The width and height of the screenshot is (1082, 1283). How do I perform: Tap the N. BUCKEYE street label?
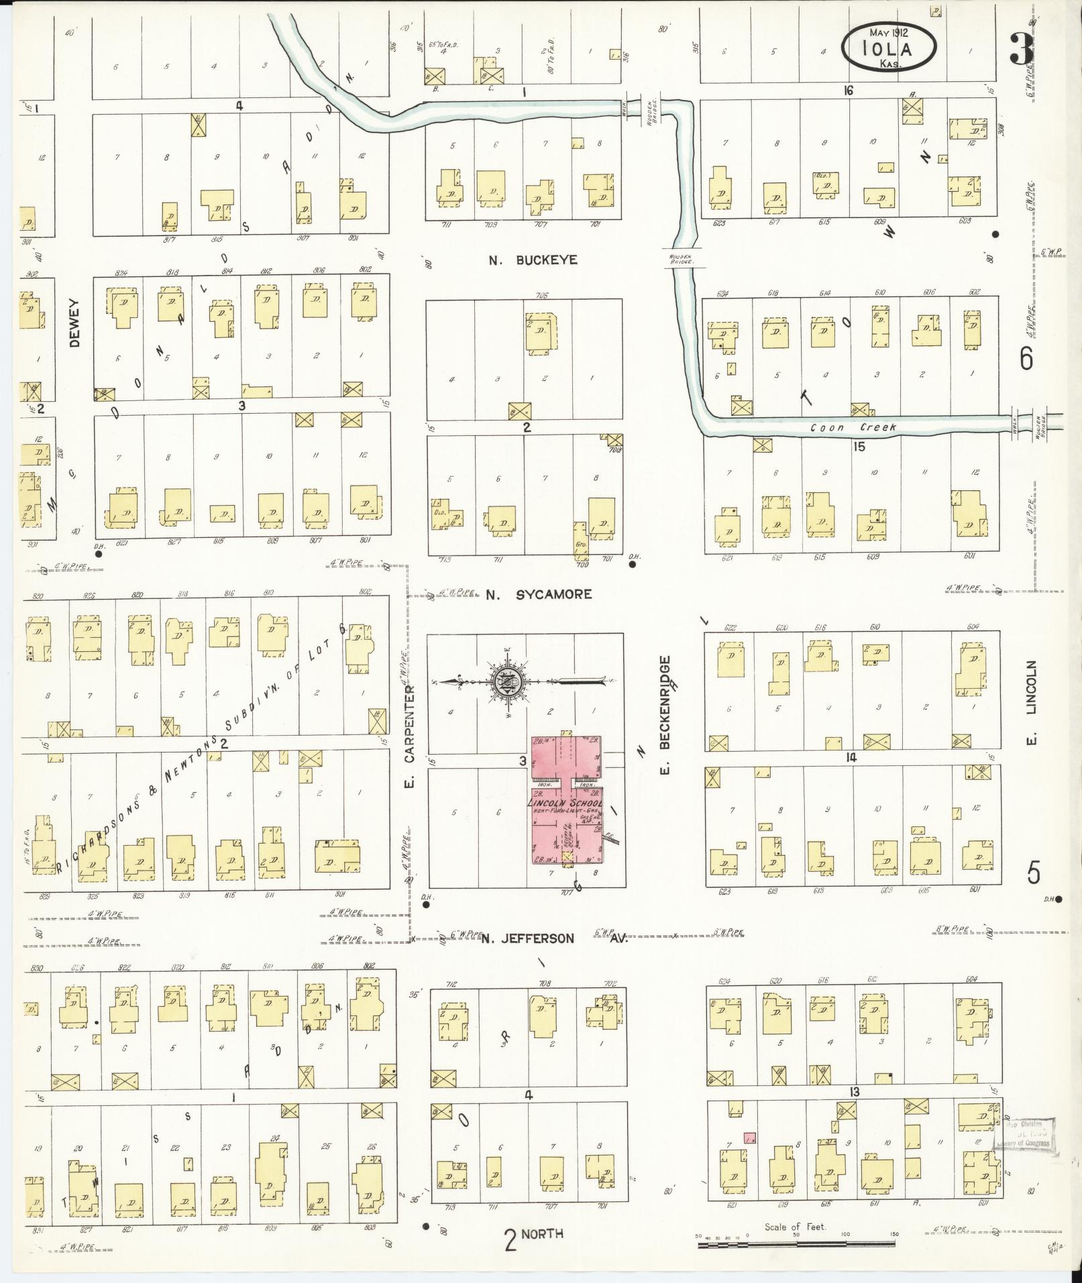533,260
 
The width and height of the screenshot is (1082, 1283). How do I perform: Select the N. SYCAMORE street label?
539,594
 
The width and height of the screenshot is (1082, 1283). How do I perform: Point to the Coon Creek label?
853,427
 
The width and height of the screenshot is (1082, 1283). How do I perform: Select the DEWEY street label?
74,322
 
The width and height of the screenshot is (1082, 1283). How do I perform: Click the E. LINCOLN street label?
1032,704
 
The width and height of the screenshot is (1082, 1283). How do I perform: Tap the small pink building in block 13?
750,1137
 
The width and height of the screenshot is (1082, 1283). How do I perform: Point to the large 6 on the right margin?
1026,359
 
